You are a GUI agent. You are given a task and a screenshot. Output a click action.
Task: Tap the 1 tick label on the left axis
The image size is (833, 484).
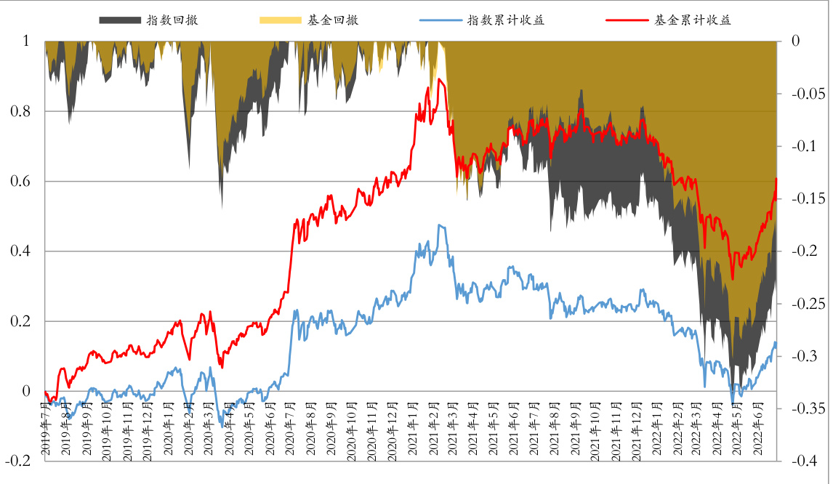27,41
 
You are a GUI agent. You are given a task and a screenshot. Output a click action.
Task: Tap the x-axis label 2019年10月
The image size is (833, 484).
107,429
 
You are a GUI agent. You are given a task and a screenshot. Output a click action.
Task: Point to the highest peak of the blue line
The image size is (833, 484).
438,225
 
